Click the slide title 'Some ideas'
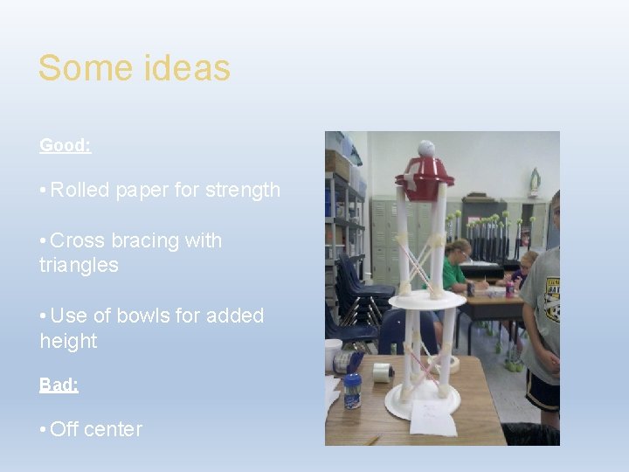[x=134, y=68]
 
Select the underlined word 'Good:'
[x=65, y=146]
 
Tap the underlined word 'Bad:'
[x=59, y=385]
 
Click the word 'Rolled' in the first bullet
[x=80, y=190]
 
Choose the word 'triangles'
[x=79, y=265]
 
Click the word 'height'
[x=68, y=340]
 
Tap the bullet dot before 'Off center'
[x=43, y=429]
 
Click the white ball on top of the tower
[x=425, y=149]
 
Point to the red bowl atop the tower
[x=424, y=180]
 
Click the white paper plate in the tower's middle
[x=427, y=300]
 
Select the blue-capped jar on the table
[x=352, y=391]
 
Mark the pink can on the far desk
[x=509, y=288]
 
